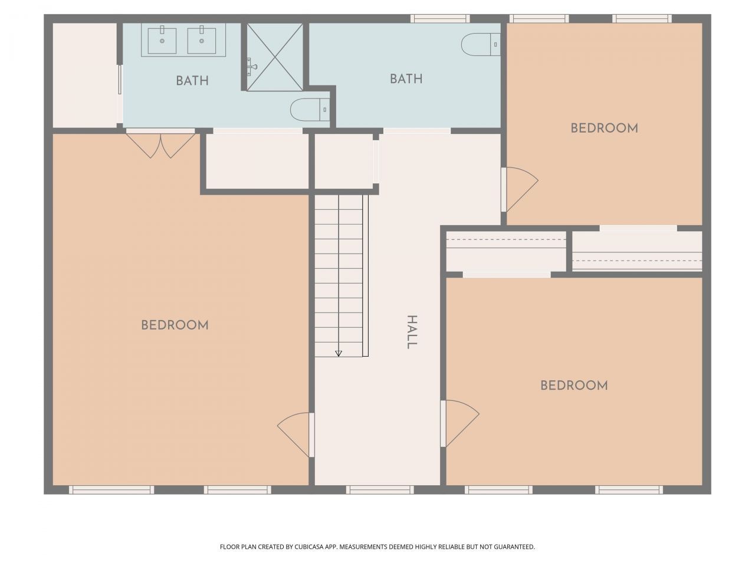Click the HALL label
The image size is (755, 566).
[x=412, y=332]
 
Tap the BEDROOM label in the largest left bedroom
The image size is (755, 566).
[x=175, y=325]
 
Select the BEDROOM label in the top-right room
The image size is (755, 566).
[x=604, y=128]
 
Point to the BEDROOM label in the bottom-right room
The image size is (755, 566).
[x=574, y=386]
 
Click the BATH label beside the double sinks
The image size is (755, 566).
[x=192, y=81]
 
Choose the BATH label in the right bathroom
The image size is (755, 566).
[x=406, y=78]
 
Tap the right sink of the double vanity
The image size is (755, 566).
[x=202, y=40]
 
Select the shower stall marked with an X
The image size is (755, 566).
[x=274, y=57]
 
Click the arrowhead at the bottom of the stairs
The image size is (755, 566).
[x=338, y=353]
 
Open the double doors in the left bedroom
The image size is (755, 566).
[x=160, y=144]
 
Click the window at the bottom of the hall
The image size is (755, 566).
[x=379, y=489]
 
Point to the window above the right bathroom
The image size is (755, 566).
[x=440, y=18]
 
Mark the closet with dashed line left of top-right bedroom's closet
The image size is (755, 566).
[x=505, y=251]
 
